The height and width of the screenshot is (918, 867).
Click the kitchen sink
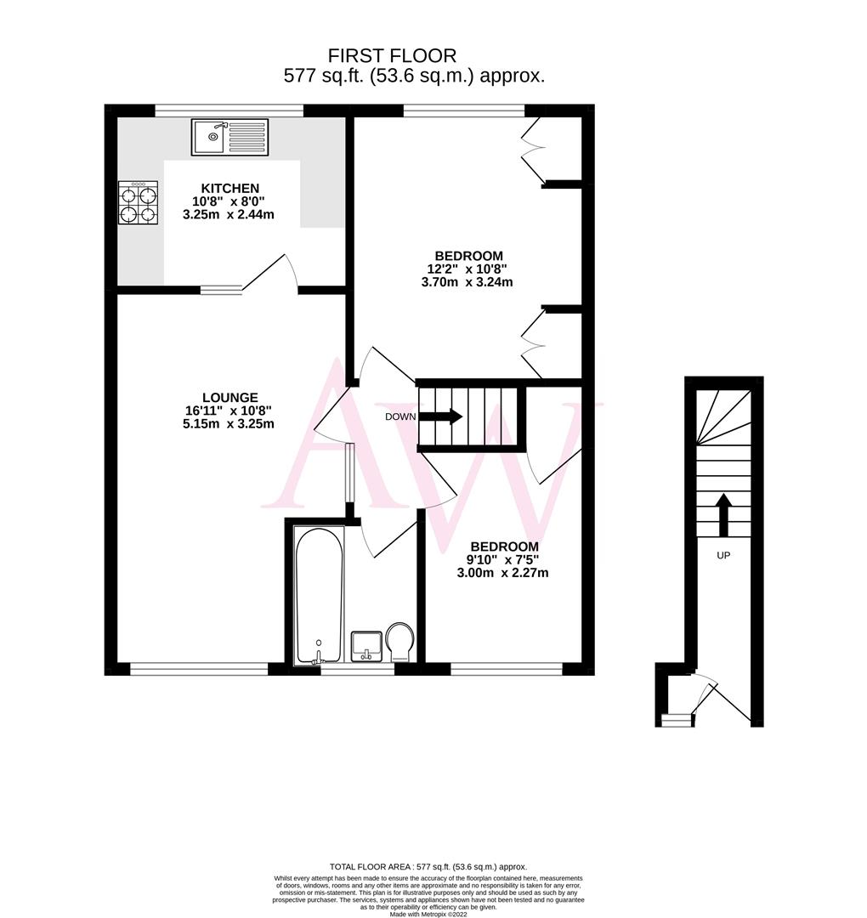[x=229, y=137]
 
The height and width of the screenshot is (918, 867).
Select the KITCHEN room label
[x=229, y=188]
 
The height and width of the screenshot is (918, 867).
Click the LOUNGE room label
[x=229, y=397]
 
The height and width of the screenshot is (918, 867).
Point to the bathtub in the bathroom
[x=319, y=595]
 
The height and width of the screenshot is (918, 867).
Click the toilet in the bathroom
[x=399, y=641]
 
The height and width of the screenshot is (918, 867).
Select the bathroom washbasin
[x=367, y=645]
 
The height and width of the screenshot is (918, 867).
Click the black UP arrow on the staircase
[x=723, y=515]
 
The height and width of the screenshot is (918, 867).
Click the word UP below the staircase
[x=723, y=555]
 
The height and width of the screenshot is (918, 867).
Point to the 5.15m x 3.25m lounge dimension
[x=229, y=424]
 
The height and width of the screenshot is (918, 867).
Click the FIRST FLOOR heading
[x=393, y=56]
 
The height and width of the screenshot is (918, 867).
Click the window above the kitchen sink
[x=229, y=110]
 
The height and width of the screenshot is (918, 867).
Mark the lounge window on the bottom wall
[x=199, y=669]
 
